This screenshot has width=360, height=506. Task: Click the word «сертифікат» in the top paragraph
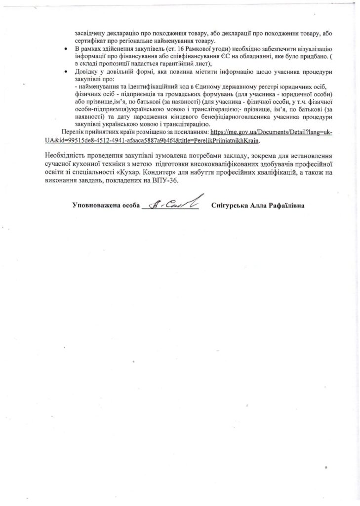[89, 41]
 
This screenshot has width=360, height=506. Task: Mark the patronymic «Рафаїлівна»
[286, 205]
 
